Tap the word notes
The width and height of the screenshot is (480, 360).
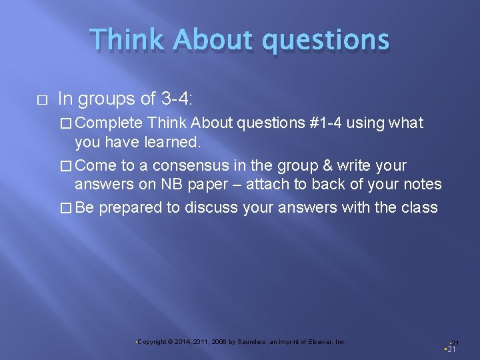pyautogui.click(x=421, y=183)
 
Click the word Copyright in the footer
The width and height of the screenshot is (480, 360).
pyautogui.click(x=151, y=342)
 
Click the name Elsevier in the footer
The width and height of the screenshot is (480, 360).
pyautogui.click(x=319, y=342)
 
